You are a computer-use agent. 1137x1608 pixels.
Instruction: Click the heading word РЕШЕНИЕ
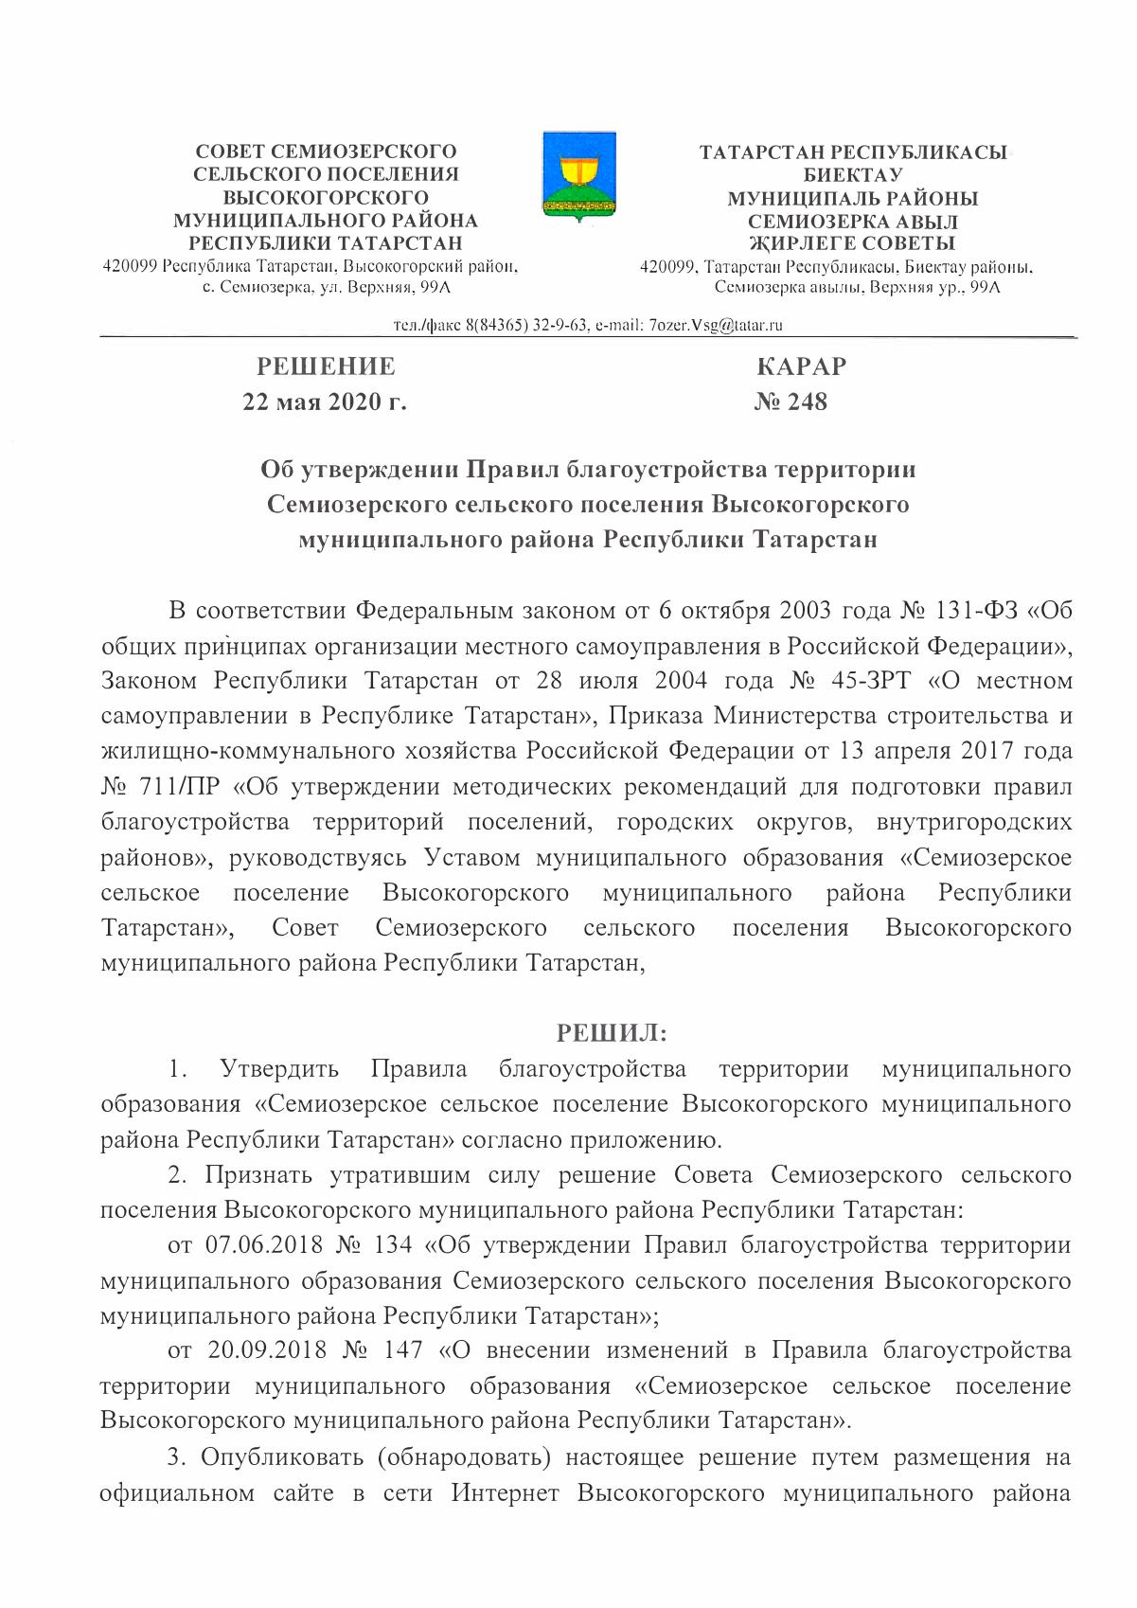coord(326,366)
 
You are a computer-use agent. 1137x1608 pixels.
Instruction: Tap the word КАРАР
coord(802,366)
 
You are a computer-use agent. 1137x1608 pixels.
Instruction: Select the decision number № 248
coord(791,402)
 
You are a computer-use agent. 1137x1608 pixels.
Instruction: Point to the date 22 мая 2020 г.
coord(325,402)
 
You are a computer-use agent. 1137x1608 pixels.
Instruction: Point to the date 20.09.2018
coord(267,1349)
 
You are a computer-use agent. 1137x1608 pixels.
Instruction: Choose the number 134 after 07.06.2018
coord(393,1244)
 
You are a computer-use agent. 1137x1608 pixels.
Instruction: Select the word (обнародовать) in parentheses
coord(463,1456)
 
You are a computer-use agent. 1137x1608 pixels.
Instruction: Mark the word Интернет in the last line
coord(506,1493)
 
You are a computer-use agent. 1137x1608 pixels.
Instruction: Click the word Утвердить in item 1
coord(279,1069)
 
